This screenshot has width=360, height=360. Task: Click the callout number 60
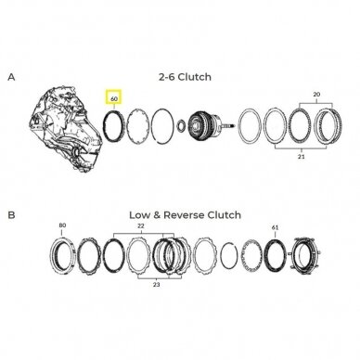click(114, 99)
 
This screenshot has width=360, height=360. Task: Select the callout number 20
click(316, 95)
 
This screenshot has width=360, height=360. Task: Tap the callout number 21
click(302, 157)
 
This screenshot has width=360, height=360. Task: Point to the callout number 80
click(62, 225)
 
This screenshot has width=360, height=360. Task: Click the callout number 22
click(141, 226)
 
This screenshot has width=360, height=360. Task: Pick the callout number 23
click(156, 285)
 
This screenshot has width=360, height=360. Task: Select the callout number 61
click(275, 227)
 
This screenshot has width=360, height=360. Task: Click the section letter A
click(11, 77)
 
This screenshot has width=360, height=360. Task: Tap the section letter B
click(11, 215)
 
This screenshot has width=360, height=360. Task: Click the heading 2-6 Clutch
click(185, 77)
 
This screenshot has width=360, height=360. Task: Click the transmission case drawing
click(66, 129)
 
